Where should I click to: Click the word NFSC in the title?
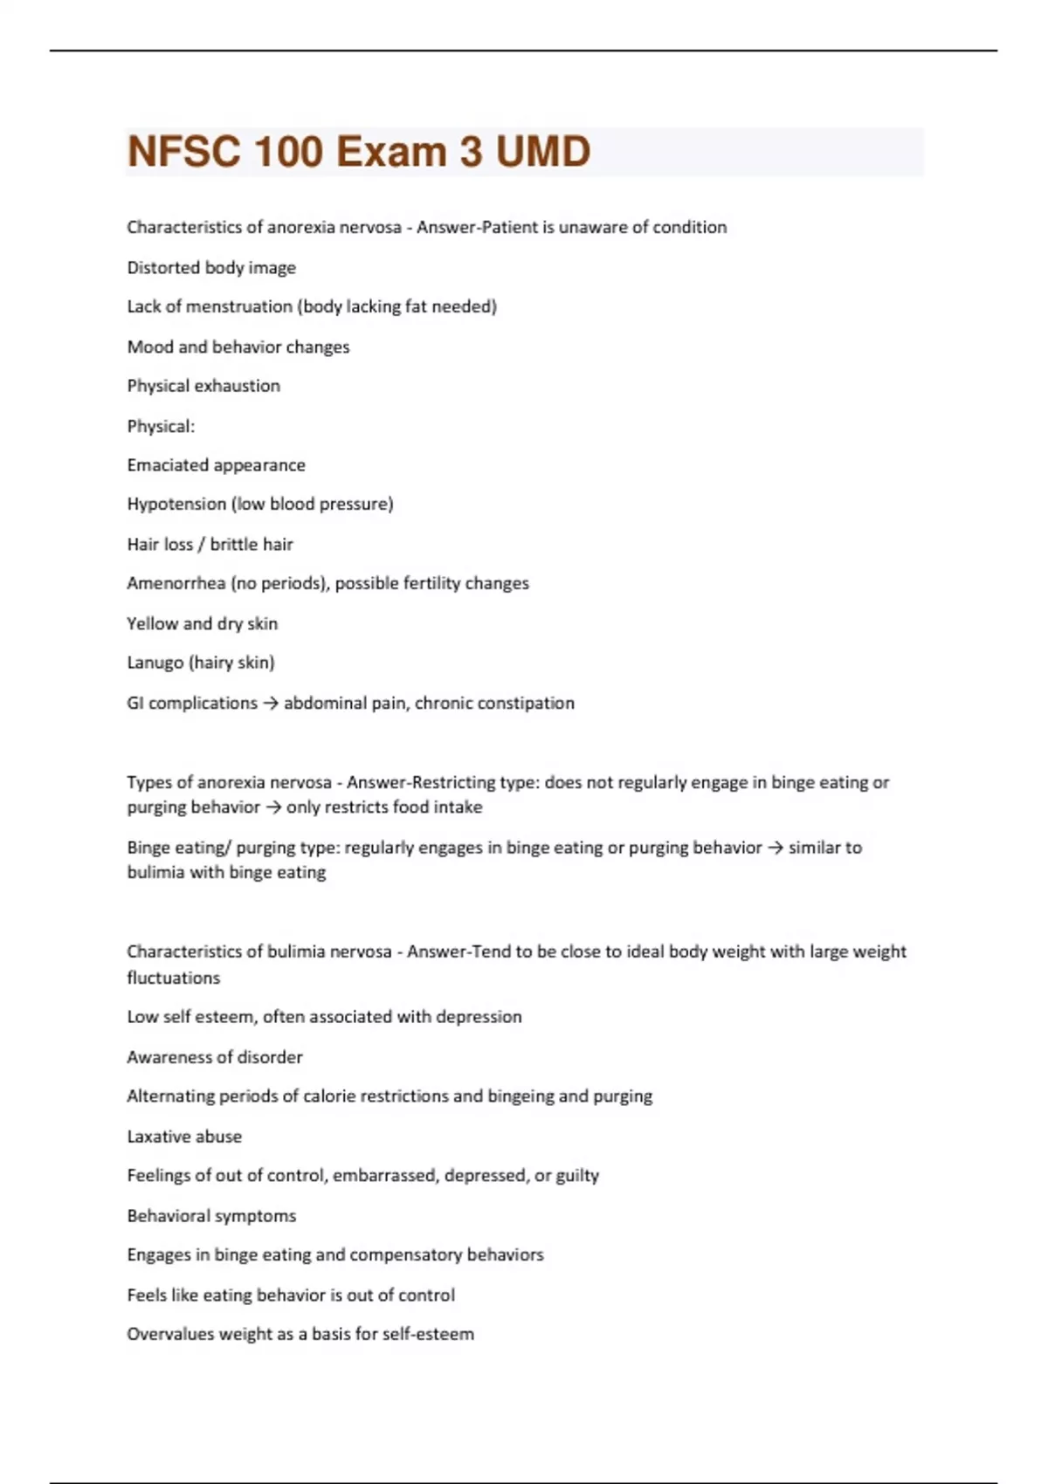183,152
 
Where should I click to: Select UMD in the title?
542,152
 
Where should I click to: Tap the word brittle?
233,545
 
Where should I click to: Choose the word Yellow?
152,623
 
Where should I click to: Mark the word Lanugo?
155,663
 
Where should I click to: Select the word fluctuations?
173,978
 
